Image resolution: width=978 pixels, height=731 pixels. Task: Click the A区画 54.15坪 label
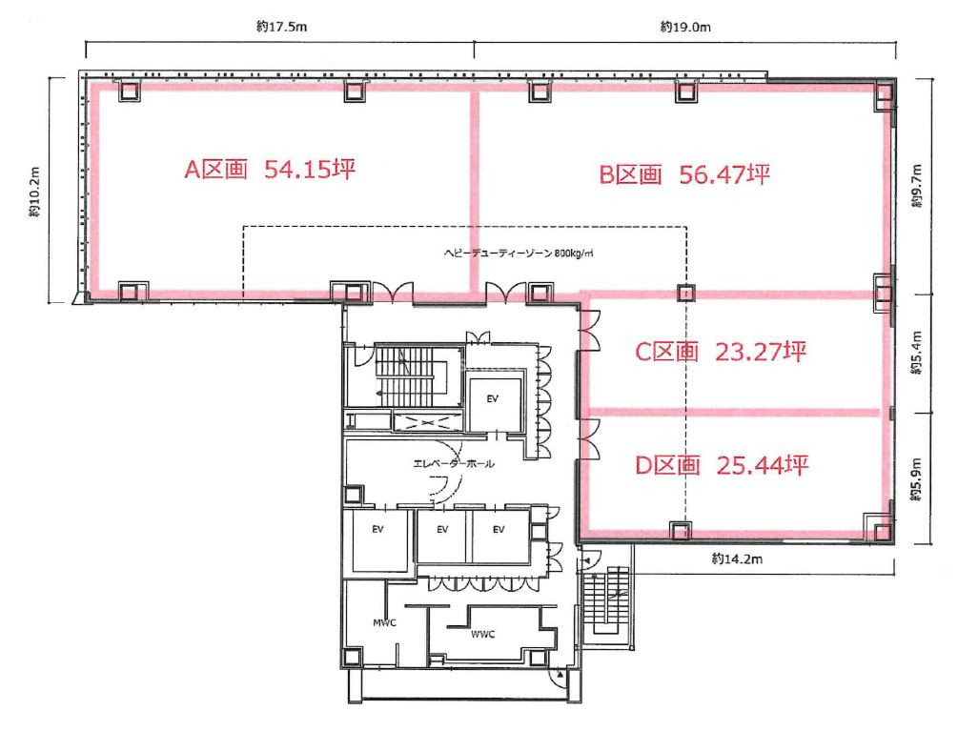tap(270, 169)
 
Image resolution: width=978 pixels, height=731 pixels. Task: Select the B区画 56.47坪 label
tap(684, 174)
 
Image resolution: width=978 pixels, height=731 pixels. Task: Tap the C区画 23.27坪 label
tap(721, 352)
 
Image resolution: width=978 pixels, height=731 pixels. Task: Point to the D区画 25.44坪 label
tap(722, 465)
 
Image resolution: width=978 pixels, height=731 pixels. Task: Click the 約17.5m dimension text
tap(281, 26)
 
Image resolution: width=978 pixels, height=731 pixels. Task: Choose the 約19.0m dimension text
tap(685, 27)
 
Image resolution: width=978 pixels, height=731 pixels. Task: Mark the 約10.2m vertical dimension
tap(34, 192)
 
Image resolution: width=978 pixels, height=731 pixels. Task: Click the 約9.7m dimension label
tap(916, 186)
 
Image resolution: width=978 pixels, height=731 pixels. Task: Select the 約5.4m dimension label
tap(916, 353)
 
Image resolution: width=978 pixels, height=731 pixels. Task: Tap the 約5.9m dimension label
tap(916, 479)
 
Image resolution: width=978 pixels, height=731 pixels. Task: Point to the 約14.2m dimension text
tap(737, 558)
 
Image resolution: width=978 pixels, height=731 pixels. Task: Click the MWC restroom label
tap(384, 622)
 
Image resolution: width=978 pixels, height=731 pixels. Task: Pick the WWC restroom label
tap(482, 635)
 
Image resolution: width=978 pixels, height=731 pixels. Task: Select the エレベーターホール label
tap(454, 463)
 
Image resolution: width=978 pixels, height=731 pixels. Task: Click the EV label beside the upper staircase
tap(492, 398)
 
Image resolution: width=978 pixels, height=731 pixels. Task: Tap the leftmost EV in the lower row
tap(377, 530)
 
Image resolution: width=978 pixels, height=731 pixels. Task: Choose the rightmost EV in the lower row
tap(499, 530)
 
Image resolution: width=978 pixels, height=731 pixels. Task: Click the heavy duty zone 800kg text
tap(519, 254)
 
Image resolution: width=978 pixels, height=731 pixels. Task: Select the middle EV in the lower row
tap(442, 530)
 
